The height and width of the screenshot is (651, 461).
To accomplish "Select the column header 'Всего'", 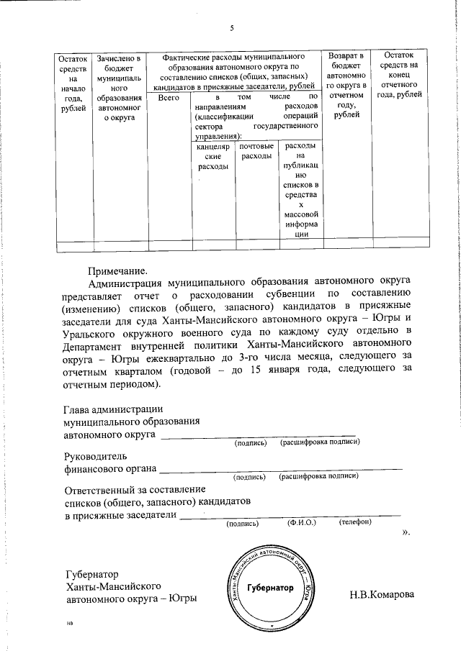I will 168,96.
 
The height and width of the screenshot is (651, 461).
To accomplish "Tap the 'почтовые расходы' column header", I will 256,152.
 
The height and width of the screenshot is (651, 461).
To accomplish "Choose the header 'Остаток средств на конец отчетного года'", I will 399,75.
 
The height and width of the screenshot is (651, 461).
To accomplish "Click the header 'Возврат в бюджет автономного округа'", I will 346,85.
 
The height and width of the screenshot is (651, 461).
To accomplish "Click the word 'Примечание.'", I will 117,271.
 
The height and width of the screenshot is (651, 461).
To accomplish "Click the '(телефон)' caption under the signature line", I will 354,523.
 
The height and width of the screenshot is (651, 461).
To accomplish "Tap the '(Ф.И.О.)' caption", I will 302,523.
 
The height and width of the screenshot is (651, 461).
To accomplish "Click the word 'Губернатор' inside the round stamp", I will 270,588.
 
